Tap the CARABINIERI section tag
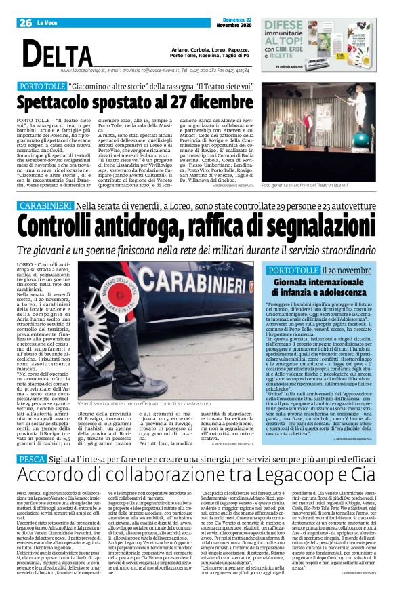(43, 205)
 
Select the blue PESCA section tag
(28, 459)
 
